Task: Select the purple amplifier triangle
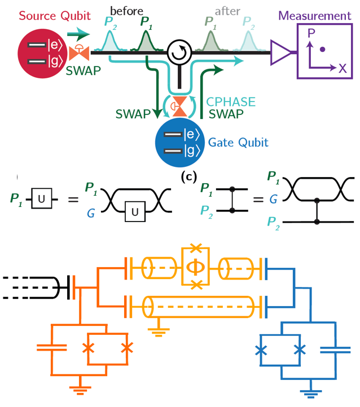coord(280,53)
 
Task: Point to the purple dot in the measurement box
coord(322,50)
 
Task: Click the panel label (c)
coord(187,178)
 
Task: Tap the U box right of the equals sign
coord(134,213)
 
